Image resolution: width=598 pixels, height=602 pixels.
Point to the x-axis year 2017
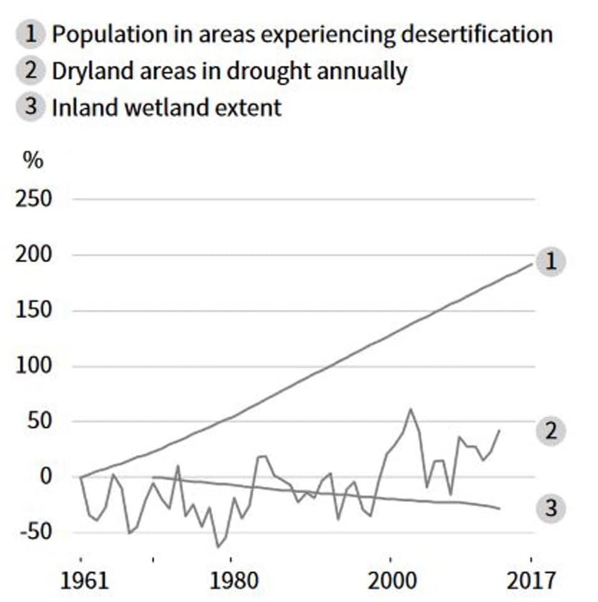[x=531, y=580]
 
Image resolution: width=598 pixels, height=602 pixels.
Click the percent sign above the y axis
[x=33, y=160]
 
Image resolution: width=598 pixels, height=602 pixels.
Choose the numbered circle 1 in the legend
[x=31, y=34]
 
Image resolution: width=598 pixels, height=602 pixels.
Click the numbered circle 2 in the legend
[x=31, y=71]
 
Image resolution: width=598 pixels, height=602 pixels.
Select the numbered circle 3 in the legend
[x=31, y=107]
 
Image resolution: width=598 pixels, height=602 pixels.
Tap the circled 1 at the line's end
[x=551, y=261]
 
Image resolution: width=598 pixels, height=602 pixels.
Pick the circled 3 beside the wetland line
[x=551, y=508]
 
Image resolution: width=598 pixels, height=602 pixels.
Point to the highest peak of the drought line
[x=411, y=409]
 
